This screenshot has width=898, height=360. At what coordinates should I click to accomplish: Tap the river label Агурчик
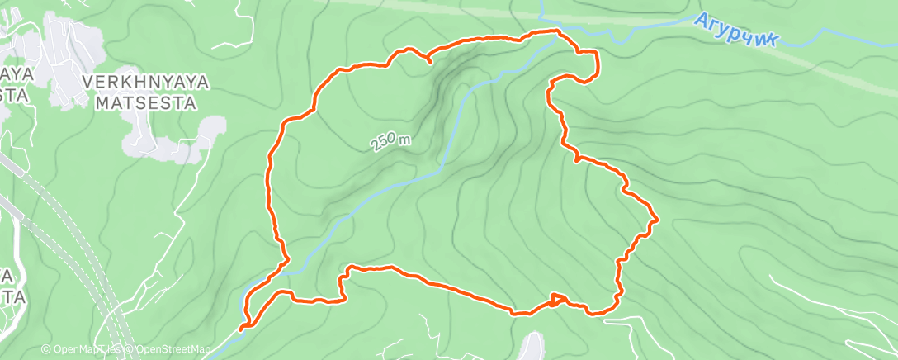coord(735,31)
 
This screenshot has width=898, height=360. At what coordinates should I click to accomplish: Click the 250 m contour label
coord(390,141)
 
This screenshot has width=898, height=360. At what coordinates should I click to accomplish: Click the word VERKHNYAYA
coord(147,83)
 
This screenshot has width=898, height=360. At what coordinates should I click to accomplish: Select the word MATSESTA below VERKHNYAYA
coord(147,103)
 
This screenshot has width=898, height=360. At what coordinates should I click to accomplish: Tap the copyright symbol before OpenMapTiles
coord(45,350)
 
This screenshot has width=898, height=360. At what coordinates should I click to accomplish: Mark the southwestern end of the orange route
coord(243,328)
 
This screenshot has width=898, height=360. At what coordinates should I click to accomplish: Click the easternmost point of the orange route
coord(656,220)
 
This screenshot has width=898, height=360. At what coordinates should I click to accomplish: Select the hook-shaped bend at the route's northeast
coord(588,66)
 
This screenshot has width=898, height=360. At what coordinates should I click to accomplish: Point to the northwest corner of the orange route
coord(285,122)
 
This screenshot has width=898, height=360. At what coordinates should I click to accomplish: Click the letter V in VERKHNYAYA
coord(87,83)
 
